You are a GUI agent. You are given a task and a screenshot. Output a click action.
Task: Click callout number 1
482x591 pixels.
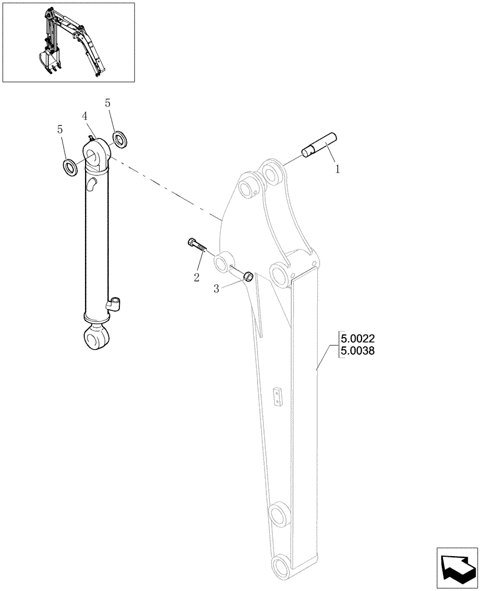pyautogui.click(x=337, y=169)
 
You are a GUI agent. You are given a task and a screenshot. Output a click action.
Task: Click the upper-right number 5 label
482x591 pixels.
pyautogui.click(x=108, y=103)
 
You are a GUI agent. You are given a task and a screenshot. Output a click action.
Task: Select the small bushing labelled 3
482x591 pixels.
pyautogui.click(x=249, y=275)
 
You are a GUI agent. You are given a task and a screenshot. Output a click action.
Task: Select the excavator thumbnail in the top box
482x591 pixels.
pyautogui.click(x=68, y=42)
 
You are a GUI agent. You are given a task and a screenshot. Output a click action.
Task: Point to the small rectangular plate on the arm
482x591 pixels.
pyautogui.click(x=278, y=397)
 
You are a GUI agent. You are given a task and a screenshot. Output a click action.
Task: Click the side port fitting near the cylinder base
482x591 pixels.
pyautogui.click(x=115, y=304)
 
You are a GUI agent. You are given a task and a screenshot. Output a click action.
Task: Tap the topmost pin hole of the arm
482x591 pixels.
pyautogui.click(x=272, y=174)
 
